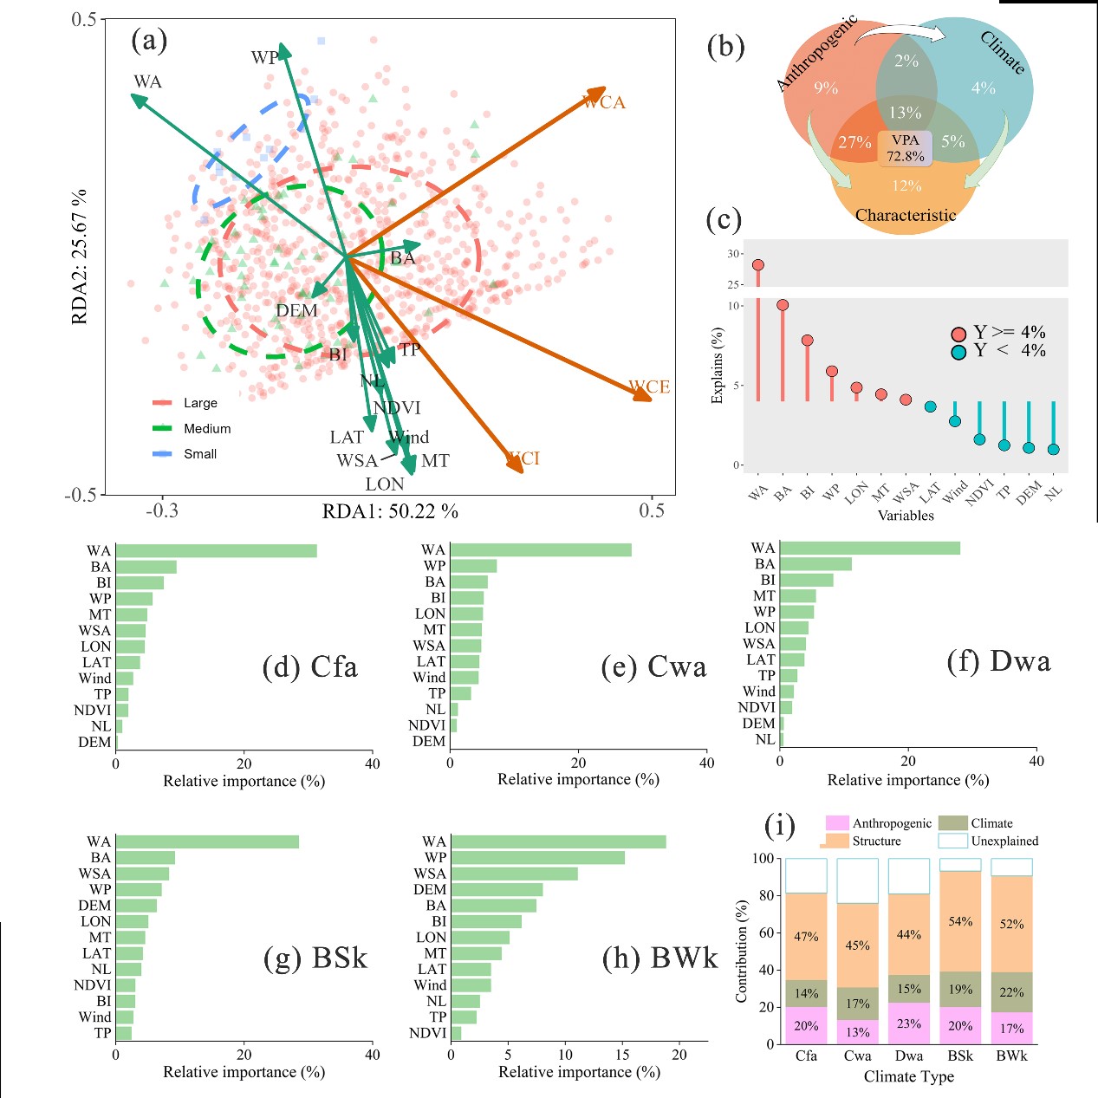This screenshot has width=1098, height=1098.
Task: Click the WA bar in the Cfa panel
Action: tap(216, 551)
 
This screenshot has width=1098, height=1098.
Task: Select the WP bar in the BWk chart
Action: tap(537, 858)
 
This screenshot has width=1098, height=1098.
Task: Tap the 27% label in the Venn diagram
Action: tap(854, 143)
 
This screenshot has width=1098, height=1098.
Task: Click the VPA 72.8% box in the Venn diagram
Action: tap(905, 148)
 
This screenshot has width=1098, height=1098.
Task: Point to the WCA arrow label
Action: tap(604, 102)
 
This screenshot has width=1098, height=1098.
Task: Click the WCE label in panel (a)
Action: tap(649, 387)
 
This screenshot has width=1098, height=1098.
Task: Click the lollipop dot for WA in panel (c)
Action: tap(758, 265)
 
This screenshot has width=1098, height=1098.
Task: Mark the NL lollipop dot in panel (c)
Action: tap(1053, 449)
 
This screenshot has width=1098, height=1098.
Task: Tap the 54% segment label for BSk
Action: tap(960, 921)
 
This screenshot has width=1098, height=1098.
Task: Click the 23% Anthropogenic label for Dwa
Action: tap(909, 1023)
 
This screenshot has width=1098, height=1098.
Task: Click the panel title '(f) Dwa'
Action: tap(998, 662)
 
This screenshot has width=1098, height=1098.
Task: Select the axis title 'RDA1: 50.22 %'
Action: tap(390, 511)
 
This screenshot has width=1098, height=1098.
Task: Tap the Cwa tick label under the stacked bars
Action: tap(857, 1056)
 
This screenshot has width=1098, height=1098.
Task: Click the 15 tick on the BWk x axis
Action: tap(622, 1055)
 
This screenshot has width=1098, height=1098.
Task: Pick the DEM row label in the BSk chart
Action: tap(94, 906)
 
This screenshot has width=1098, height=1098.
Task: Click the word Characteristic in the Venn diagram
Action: tap(906, 215)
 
